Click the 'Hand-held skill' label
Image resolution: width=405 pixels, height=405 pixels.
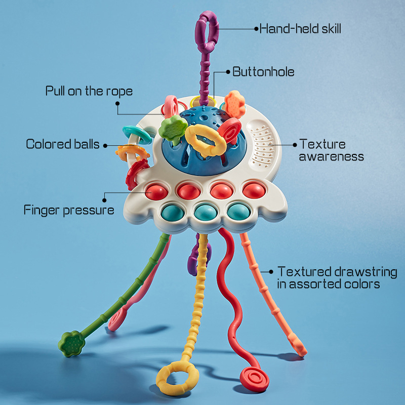300,29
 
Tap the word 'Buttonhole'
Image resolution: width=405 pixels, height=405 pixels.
263,72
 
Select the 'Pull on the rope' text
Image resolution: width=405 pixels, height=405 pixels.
89,91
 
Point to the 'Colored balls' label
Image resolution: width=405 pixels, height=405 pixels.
63,144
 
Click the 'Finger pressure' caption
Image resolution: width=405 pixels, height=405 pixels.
69,210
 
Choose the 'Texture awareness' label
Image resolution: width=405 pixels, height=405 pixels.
332,150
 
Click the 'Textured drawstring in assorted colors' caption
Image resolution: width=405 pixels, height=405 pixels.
337,278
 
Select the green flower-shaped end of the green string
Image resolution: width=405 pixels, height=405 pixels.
71,344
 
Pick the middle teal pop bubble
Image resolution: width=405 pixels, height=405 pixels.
206,212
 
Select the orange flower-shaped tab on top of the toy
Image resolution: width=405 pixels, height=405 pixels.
235,104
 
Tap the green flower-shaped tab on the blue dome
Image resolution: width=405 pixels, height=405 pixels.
173,129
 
